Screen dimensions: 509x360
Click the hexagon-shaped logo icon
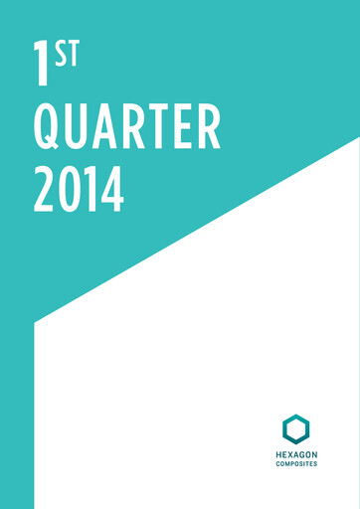point(295,428)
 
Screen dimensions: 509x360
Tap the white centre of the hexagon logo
point(295,428)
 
